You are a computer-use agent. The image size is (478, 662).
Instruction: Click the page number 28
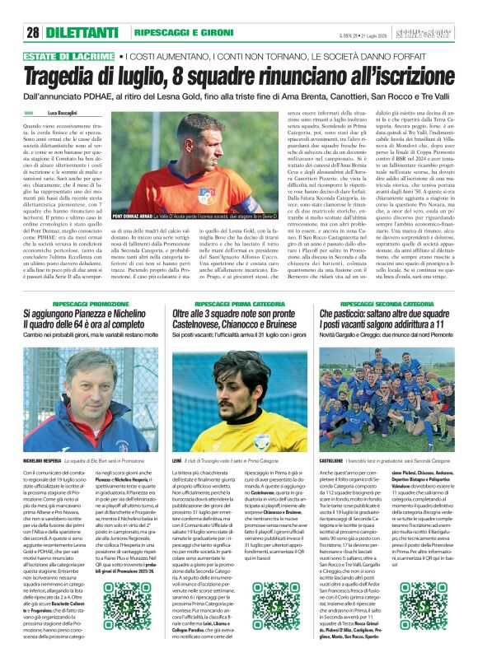pyautogui.click(x=33, y=33)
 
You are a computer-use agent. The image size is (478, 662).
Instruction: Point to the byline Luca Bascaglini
pyautogui.click(x=63, y=112)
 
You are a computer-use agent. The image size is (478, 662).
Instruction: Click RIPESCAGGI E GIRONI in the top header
pyautogui.click(x=170, y=33)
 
